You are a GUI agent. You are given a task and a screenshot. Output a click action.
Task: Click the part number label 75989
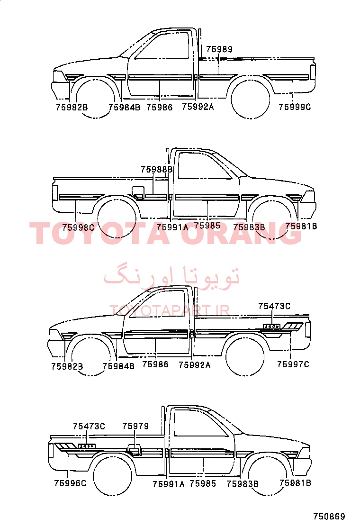[x=219, y=49]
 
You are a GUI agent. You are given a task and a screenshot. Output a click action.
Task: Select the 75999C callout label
[x=295, y=107]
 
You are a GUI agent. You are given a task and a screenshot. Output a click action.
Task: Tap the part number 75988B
[x=156, y=169]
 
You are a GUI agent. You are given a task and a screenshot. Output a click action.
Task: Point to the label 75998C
[x=78, y=227]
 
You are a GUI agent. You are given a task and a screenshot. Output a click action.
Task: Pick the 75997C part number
[x=293, y=364]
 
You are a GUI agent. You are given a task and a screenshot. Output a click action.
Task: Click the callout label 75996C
[x=70, y=483]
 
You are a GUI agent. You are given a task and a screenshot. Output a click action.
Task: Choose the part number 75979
[x=135, y=426]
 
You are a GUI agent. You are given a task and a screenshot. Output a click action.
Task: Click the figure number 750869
[x=329, y=516]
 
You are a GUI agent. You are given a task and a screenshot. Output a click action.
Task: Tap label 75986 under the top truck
[x=160, y=107]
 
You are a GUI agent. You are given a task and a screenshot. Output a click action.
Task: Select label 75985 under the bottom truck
[x=203, y=483]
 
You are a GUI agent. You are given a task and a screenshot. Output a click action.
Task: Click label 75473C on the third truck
[x=274, y=306]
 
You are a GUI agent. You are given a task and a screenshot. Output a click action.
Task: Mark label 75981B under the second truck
[x=301, y=226]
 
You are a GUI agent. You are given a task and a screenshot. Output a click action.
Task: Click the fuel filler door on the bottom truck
[x=135, y=449]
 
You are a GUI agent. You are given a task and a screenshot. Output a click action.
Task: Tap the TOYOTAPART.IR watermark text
[x=170, y=310]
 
